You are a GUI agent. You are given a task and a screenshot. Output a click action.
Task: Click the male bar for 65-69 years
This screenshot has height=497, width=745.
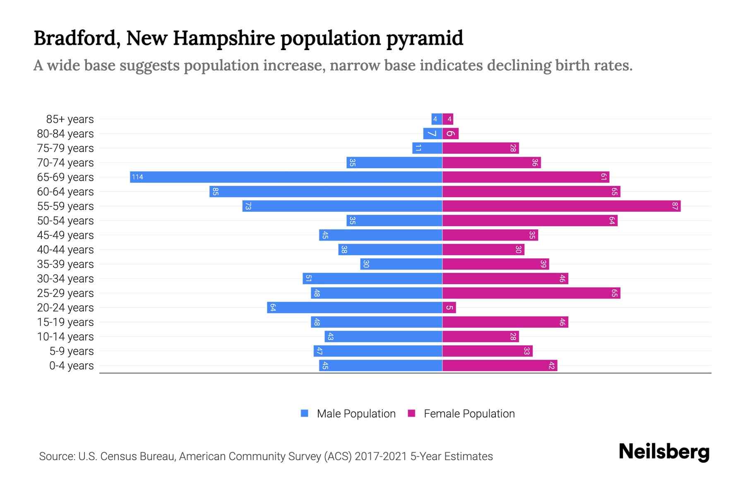tap(286, 177)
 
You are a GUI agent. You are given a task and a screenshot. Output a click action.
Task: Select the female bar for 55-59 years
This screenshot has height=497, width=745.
tap(561, 206)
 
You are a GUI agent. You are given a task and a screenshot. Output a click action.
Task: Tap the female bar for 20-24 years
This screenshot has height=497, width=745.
tap(449, 307)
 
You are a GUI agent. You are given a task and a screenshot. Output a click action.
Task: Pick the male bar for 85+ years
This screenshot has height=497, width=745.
tap(437, 119)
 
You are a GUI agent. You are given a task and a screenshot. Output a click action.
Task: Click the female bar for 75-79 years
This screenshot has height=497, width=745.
tap(480, 148)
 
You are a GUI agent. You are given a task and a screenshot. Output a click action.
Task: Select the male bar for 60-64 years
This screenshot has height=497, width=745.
tap(326, 191)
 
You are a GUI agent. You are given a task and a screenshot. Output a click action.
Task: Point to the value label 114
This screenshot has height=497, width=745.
tap(137, 177)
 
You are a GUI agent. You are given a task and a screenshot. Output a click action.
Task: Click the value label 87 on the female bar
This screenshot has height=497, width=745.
tap(675, 206)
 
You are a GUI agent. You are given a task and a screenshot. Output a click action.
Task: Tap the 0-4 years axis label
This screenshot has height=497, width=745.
tap(71, 365)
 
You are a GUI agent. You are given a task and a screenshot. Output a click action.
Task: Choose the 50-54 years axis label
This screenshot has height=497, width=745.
tap(65, 220)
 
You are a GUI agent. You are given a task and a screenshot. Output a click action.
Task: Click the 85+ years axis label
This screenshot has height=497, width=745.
tap(70, 119)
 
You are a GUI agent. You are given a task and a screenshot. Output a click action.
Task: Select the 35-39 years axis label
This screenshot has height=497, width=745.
tap(65, 264)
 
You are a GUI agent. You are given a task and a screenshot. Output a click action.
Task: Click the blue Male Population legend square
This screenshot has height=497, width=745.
tap(305, 413)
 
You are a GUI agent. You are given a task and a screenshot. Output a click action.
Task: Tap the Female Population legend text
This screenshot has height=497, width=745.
tap(469, 413)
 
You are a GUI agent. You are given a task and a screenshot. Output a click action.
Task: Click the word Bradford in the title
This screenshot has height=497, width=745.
tap(77, 38)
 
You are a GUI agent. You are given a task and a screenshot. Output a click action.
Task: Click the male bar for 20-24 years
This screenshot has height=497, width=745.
tap(354, 307)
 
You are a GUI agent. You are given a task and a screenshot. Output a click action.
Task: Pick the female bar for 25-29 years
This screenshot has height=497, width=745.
tap(531, 293)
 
